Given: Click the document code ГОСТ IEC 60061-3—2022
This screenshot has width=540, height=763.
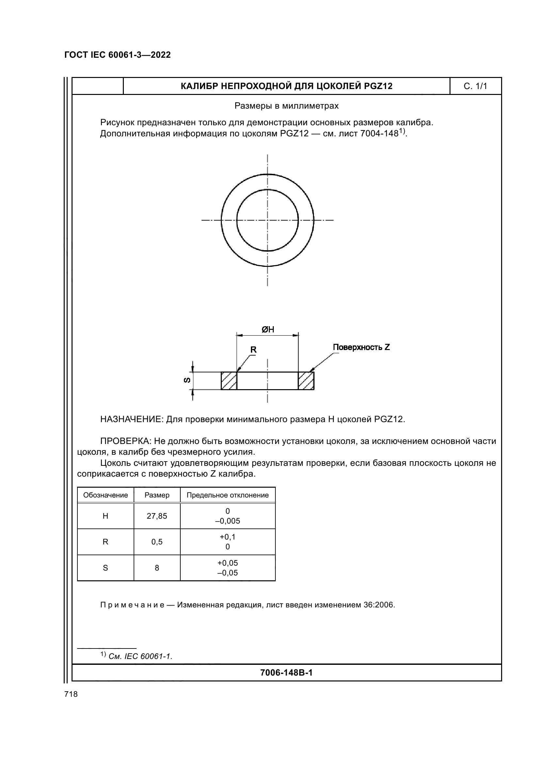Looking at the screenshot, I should tap(117, 55).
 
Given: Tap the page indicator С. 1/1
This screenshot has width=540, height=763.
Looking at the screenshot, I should tap(475, 86).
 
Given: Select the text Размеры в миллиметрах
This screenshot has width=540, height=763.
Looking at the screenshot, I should tap(286, 106).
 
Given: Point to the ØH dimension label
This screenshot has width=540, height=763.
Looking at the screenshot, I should tap(268, 329).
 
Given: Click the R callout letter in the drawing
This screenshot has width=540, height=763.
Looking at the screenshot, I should tap(253, 350).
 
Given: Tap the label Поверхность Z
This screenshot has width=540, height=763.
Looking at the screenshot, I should tap(361, 347).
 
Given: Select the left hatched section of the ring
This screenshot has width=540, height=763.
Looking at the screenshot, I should tap(229, 380).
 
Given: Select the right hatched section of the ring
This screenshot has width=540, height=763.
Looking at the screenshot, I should tap(306, 380).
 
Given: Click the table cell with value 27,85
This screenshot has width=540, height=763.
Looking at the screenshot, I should tap(157, 516).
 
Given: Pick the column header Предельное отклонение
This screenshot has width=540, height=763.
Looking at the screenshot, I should tap(228, 495).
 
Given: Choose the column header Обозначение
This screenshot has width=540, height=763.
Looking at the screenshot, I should tap(106, 495).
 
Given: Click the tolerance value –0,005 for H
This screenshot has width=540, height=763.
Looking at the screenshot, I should tap(228, 521).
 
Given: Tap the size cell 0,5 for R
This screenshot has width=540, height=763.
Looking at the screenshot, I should tap(157, 542).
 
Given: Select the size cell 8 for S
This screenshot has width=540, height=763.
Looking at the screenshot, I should tap(157, 568).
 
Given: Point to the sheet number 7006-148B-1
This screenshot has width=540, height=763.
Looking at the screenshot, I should tap(286, 673).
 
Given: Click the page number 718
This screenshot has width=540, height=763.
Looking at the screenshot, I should tap(71, 694).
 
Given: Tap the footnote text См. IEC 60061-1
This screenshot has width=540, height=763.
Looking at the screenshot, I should tap(140, 656).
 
